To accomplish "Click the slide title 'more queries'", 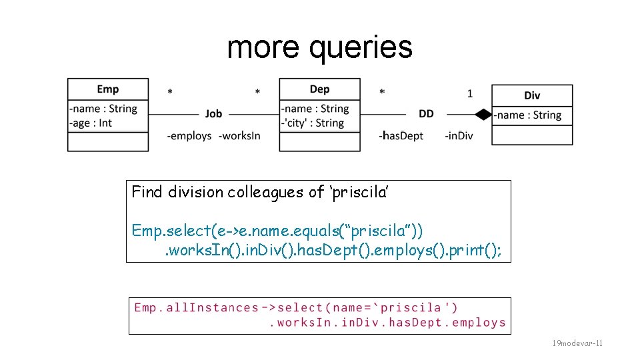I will point(319,48).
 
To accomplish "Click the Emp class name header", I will point(107,89).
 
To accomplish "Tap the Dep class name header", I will point(319,89).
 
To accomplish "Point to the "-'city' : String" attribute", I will point(312,123).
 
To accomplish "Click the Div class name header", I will point(531,95).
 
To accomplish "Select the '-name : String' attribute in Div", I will point(528,115).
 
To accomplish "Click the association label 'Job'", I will point(213,114).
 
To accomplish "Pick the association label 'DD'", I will point(426,114).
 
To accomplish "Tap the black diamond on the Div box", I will point(483,115).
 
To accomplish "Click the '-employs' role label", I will point(189,136).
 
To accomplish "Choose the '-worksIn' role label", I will point(239,136).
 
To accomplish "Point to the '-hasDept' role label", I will point(401,136).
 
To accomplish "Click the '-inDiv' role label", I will point(459,136).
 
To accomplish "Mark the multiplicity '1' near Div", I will point(469,94).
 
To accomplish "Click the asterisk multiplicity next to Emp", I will point(170,93).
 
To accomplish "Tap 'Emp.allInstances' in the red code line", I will point(196,307).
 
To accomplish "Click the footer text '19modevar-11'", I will point(577,343).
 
